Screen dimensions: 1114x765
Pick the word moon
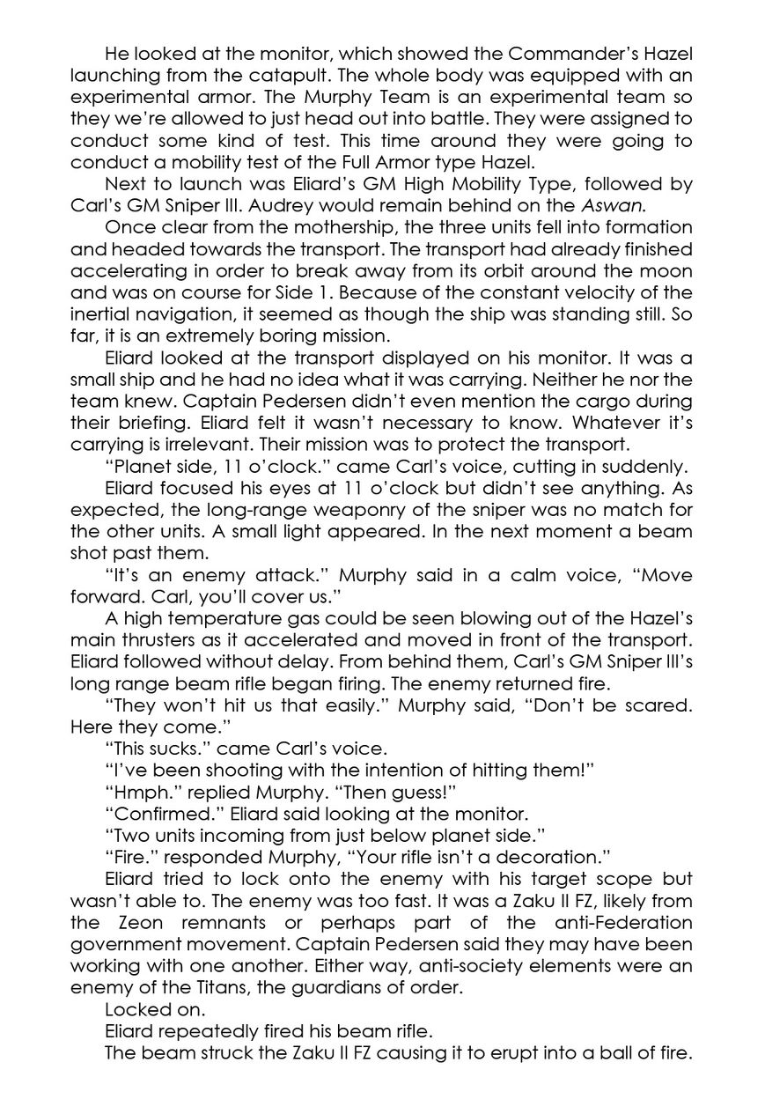(x=668, y=271)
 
